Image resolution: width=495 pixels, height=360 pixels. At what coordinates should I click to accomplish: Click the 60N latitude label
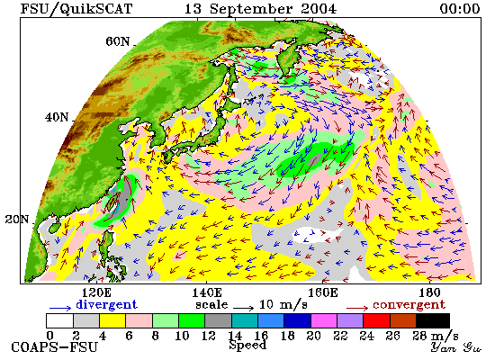[x=117, y=41]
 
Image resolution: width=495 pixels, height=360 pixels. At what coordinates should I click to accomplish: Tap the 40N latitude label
[x=57, y=118]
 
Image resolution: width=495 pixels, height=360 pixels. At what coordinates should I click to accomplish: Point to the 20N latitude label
[x=17, y=220]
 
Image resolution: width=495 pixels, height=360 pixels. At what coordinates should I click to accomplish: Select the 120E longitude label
[x=97, y=292]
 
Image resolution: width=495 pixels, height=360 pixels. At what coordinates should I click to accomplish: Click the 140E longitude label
[x=207, y=292]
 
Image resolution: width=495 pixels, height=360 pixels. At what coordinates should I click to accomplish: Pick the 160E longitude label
[x=322, y=292]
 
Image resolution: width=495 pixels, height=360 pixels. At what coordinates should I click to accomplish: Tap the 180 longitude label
[x=429, y=292]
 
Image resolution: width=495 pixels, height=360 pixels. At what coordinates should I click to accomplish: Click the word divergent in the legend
[x=107, y=304]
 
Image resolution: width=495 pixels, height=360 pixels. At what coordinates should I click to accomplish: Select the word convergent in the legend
[x=409, y=305]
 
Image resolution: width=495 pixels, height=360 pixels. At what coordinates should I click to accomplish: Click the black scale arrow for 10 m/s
[x=244, y=308]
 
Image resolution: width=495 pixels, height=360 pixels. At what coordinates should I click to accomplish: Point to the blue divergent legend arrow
[x=60, y=308]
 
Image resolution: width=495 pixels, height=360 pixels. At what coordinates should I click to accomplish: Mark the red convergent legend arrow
[x=357, y=308]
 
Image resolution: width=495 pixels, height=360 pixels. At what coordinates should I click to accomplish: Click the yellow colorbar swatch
[x=112, y=320]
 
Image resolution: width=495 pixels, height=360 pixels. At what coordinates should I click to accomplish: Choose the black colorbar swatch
[x=433, y=320]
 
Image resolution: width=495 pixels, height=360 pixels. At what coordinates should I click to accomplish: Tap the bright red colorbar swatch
[x=376, y=320]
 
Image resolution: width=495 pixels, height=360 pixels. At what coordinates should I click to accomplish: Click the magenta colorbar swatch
[x=324, y=320]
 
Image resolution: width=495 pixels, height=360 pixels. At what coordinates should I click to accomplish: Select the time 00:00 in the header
[x=460, y=8]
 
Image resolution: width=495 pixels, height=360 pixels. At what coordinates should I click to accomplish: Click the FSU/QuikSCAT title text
[x=76, y=9]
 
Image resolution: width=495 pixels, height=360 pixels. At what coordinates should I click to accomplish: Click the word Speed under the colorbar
[x=247, y=346]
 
